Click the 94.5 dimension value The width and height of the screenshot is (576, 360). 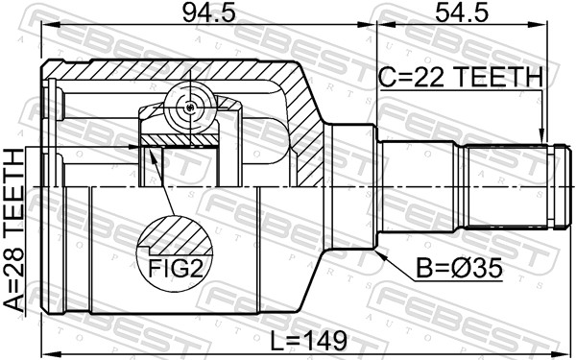[x=203, y=15]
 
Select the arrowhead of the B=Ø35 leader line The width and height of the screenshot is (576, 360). [x=379, y=251]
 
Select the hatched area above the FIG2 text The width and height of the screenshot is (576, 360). [x=174, y=233]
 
